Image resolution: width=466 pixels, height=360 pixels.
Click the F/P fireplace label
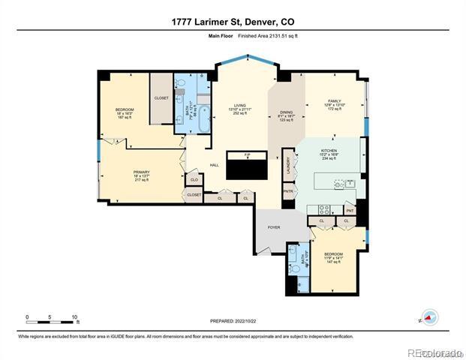[x=247, y=155]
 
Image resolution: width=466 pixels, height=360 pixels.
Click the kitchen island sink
[x=339, y=183]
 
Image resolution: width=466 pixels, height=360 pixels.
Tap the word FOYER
[x=274, y=226]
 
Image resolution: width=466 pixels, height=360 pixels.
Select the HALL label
[x=214, y=165]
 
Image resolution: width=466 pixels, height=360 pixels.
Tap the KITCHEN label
[x=329, y=150]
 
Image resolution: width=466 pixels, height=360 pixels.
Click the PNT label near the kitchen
[x=350, y=211]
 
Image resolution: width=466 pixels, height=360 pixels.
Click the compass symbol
[x=429, y=317]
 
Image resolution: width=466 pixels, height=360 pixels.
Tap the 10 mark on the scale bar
[x=73, y=316]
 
